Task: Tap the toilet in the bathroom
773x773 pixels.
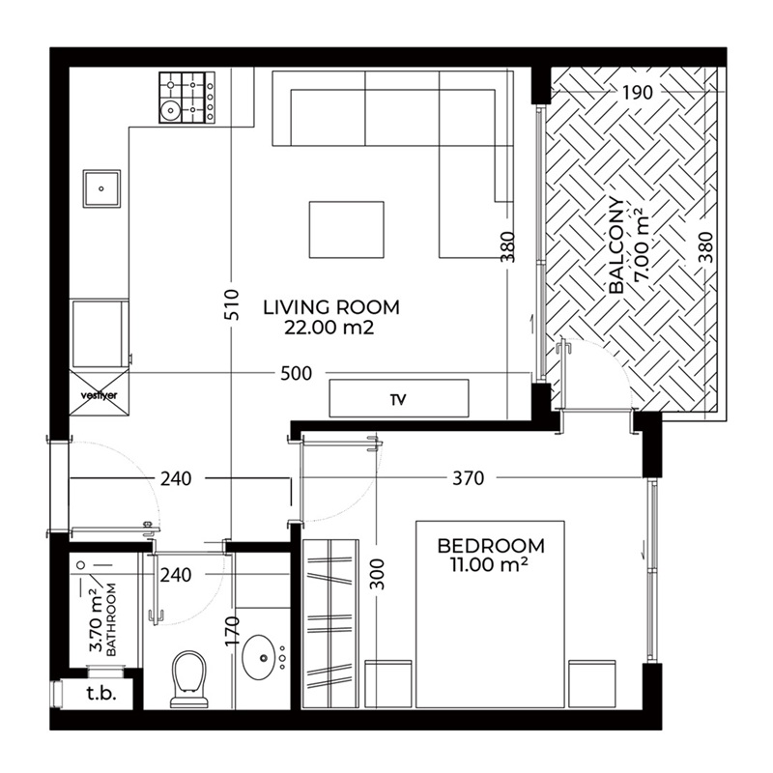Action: pos(189,677)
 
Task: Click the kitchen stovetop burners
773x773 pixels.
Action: pos(186,98)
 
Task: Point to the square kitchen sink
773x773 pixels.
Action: pos(101,189)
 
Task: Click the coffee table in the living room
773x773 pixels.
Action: pos(346,230)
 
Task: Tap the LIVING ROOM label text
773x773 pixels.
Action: pos(330,308)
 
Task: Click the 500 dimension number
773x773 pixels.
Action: pos(297,374)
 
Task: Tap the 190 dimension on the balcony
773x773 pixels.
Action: pos(639,94)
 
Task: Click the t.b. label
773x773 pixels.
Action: pos(99,692)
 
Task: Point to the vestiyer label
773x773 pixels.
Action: pos(99,394)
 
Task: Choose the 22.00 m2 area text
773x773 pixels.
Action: pos(329,329)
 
